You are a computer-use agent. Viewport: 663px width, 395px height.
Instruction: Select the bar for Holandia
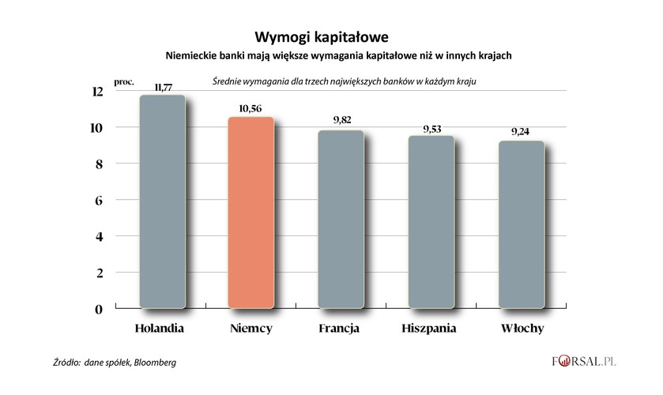point(162,201)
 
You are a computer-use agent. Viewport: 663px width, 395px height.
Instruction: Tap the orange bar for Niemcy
point(251,213)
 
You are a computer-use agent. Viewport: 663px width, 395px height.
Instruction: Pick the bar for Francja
point(341,219)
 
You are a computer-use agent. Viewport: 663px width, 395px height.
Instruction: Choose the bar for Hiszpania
point(431,222)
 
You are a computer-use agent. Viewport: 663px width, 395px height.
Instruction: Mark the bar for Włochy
point(521,224)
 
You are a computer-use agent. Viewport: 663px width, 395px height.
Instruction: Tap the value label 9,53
point(432,127)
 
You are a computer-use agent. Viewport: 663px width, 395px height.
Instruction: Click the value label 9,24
point(520,132)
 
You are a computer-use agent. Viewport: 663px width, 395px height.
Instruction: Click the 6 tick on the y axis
point(100,201)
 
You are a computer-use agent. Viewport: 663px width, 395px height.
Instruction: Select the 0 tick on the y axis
point(100,309)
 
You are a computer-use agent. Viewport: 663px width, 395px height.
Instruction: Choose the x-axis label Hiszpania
point(431,328)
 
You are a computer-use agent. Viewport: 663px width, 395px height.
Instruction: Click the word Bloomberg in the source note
point(155,363)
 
